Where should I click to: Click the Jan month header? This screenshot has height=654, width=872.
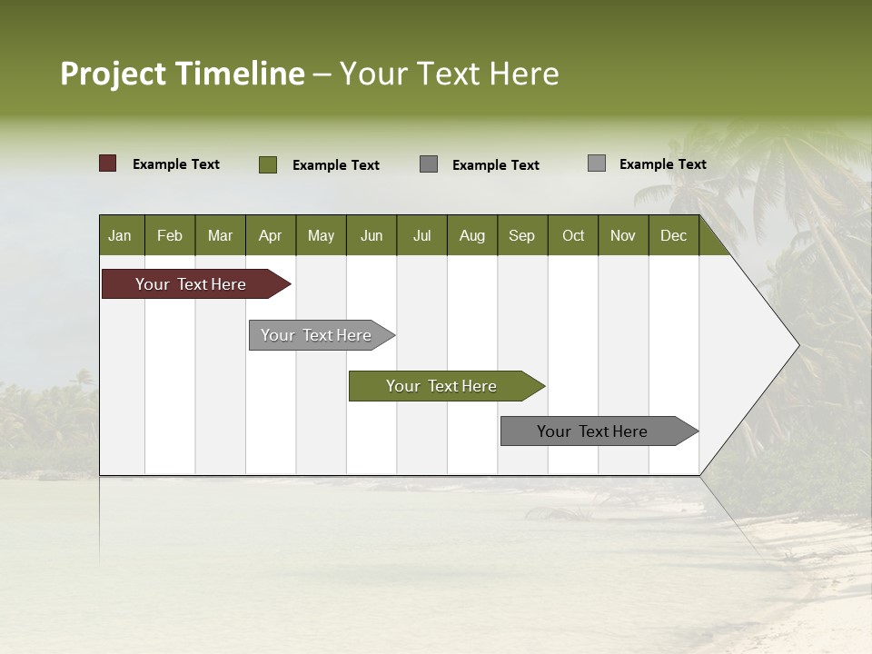coord(120,236)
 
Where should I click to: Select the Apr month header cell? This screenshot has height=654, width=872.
coord(270,236)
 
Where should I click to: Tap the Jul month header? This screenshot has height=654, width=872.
coord(421,236)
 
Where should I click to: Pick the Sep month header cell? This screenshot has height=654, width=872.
coord(521,236)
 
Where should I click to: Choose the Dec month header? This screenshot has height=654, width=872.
coord(673,236)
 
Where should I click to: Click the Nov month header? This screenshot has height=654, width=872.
coord(622,236)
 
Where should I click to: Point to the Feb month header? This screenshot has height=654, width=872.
coord(170,236)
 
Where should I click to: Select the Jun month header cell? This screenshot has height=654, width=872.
coord(371,236)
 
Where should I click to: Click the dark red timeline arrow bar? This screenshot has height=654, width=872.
coord(192,284)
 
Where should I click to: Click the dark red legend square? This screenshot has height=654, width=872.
coord(108,163)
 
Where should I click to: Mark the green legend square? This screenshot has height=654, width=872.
coord(268,164)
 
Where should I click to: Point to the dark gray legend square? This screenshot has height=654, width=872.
coord(429,163)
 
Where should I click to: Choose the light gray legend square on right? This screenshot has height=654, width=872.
coord(597,163)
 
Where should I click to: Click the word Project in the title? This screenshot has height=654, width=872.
coord(114,74)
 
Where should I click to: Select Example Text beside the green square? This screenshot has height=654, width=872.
coord(335,165)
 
